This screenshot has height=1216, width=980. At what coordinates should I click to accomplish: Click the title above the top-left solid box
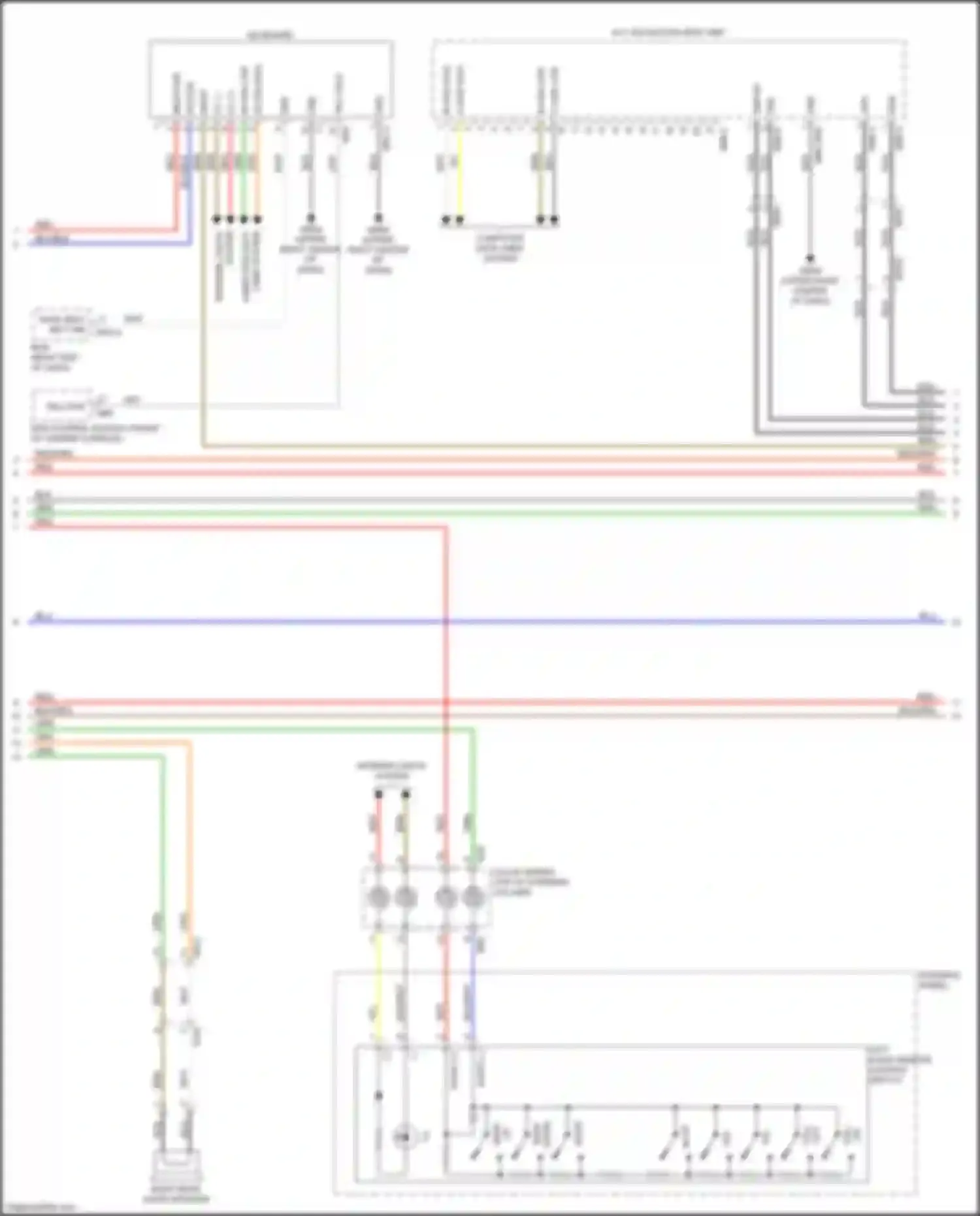tap(270, 35)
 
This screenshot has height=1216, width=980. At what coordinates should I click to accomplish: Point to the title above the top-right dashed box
tap(668, 32)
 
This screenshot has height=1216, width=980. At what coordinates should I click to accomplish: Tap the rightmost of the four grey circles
tap(473, 897)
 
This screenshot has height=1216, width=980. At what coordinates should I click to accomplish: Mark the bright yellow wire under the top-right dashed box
tap(459, 170)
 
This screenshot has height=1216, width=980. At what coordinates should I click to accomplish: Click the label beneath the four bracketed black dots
tap(500, 248)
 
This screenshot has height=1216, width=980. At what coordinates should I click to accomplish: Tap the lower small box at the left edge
tap(65, 406)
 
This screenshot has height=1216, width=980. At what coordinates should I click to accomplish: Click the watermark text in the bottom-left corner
tap(39, 1208)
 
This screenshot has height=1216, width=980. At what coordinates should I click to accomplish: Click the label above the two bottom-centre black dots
tap(391, 770)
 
